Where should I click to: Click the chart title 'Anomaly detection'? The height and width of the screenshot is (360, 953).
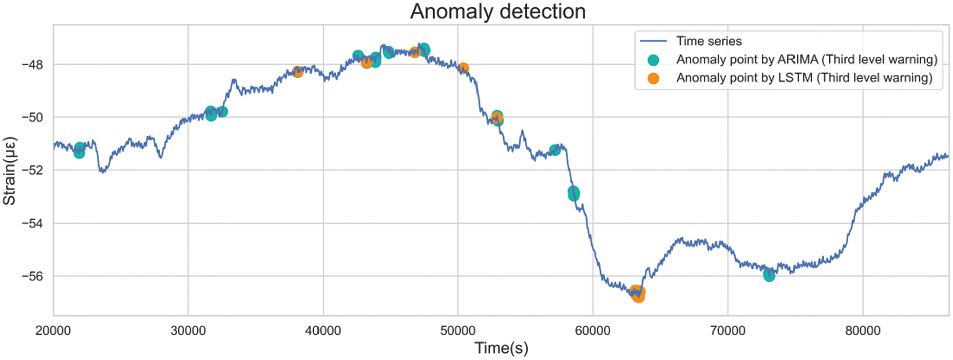click(x=498, y=11)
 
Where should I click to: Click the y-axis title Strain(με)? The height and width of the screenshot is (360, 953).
click(x=9, y=170)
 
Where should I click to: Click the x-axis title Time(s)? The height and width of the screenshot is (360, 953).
click(x=501, y=348)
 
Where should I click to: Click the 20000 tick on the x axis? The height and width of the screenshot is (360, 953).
click(x=53, y=331)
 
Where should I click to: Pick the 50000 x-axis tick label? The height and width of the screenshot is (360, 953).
click(x=458, y=331)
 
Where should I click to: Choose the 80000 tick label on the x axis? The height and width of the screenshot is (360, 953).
click(x=863, y=331)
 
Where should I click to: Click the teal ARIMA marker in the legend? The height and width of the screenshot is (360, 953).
click(x=653, y=60)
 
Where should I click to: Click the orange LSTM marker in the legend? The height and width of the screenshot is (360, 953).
click(x=653, y=78)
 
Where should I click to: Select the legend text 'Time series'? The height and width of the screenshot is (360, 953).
click(x=708, y=41)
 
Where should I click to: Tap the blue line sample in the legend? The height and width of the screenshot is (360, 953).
click(x=653, y=41)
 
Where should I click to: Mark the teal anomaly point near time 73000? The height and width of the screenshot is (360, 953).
click(x=769, y=275)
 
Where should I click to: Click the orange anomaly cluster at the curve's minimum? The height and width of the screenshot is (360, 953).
click(x=637, y=294)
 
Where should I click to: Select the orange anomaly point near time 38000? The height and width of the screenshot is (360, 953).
click(x=298, y=72)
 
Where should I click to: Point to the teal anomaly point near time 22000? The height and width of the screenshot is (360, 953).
click(x=79, y=150)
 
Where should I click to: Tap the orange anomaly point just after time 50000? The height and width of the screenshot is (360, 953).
click(x=463, y=68)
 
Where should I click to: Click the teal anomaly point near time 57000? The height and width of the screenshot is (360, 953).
click(x=554, y=150)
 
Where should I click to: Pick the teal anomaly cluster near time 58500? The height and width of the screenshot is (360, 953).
click(x=573, y=193)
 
